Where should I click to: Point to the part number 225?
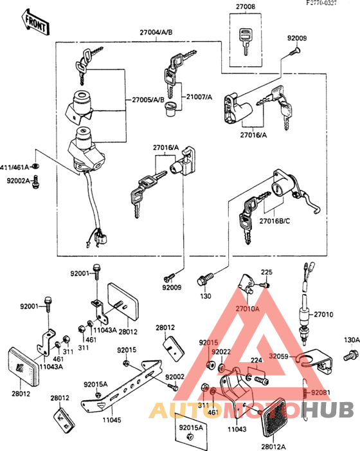tap(267, 273)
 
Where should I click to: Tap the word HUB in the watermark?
tap(332, 409)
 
